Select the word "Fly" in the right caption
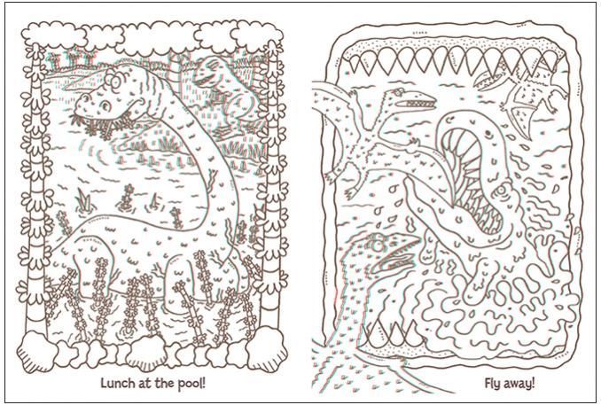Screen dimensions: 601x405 (493, 384)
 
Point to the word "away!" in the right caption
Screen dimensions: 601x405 (519, 383)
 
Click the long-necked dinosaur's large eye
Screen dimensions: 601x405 (105, 104)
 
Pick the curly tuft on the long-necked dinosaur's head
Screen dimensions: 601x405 (113, 79)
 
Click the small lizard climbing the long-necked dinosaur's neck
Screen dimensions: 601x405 (212, 179)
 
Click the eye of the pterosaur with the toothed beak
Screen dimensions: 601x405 (397, 91)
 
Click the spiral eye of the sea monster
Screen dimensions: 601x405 (503, 189)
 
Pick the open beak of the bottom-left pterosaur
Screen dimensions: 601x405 (399, 254)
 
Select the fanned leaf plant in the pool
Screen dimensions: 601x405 (84, 200)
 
